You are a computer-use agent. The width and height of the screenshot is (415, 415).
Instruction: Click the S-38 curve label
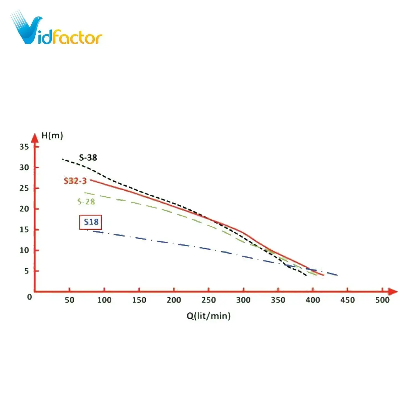(88, 158)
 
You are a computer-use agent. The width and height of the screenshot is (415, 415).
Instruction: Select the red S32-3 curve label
(75, 181)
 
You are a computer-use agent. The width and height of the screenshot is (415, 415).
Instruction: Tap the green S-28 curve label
(86, 202)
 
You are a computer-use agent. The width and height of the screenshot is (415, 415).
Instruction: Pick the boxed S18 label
(91, 222)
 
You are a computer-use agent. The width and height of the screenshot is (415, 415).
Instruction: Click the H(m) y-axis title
(52, 136)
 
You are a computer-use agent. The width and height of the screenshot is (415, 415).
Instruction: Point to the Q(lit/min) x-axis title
(208, 316)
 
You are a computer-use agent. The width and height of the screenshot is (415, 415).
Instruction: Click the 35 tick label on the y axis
(24, 147)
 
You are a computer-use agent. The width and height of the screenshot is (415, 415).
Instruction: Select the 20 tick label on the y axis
(24, 209)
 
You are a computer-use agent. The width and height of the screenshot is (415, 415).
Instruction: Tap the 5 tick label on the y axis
(26, 271)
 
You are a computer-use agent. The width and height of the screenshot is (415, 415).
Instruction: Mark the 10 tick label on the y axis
(24, 250)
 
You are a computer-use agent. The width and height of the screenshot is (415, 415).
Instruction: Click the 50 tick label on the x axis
(69, 300)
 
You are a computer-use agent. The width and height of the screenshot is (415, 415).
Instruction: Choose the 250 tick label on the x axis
(208, 300)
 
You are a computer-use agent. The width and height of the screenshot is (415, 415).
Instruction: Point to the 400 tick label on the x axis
(313, 300)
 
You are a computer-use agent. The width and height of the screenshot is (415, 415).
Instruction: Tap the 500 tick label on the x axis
(382, 300)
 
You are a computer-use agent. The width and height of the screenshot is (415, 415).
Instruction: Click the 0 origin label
(29, 297)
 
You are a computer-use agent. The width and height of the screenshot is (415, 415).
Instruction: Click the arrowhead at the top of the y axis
(35, 138)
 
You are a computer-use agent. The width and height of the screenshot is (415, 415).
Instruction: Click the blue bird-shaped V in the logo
(26, 29)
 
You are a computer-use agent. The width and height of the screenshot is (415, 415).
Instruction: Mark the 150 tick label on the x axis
(139, 300)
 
